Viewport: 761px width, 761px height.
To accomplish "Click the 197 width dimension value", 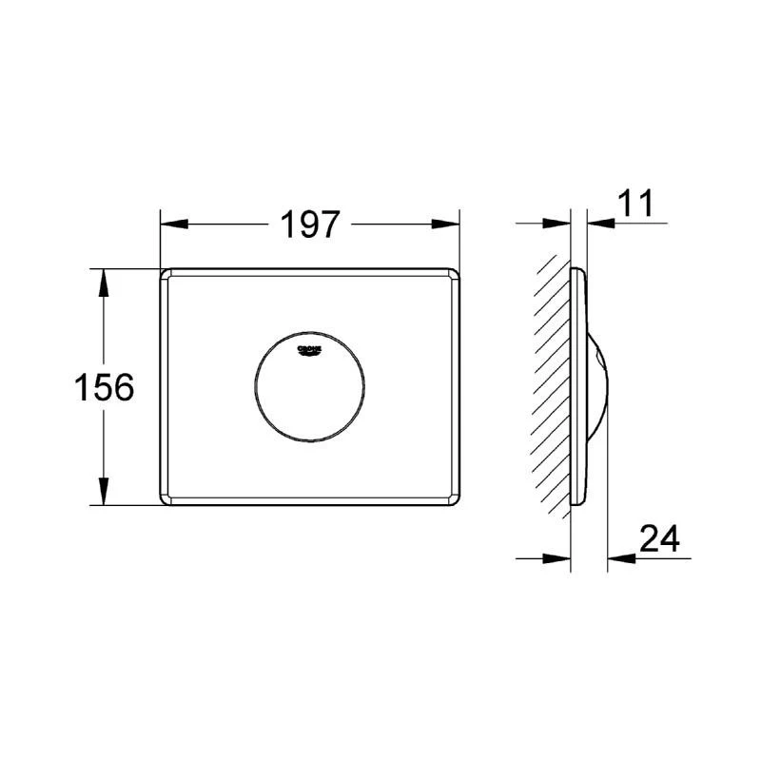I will coord(310,225).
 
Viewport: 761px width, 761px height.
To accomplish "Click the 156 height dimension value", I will coord(103,387).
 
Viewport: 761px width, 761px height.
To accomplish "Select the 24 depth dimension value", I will coord(659,538).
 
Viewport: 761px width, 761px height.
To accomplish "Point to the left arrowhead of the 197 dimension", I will coord(170,225).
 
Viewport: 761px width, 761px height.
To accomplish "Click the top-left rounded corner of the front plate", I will coord(165,274).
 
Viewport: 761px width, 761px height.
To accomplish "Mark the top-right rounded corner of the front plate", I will coord(458,274).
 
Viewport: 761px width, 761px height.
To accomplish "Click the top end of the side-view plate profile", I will coord(576,272).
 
